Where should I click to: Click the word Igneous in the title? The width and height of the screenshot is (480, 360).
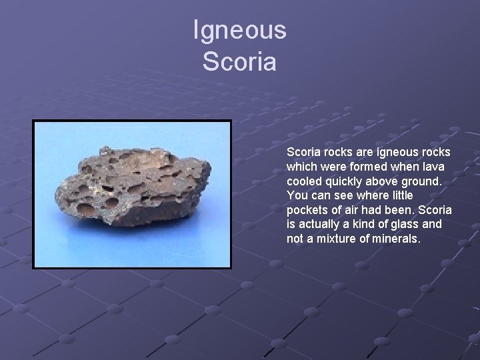(239, 30)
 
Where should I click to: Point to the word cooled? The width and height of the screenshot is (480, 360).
(303, 181)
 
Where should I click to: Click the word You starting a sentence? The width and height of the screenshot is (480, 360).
(297, 195)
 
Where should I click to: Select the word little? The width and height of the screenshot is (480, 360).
(399, 195)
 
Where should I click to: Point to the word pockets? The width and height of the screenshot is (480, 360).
(306, 210)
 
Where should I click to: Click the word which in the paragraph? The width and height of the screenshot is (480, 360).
(301, 166)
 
